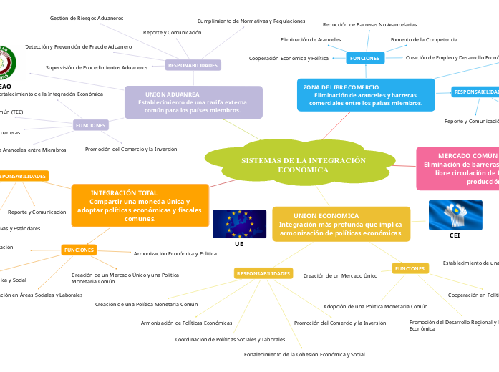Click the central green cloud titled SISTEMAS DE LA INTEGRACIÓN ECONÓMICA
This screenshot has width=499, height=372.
coord(303,165)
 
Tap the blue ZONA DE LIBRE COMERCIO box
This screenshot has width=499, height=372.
coord(366,95)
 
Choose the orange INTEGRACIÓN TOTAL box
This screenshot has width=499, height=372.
coord(140,205)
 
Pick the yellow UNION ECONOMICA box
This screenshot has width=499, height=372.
coord(341,224)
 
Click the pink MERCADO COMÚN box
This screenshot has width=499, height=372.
coord(458,169)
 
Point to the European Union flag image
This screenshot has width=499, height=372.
coord(239,224)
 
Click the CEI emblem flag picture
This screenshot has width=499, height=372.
coord(455,215)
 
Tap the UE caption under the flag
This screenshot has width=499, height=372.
coord(239,244)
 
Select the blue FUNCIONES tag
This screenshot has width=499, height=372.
coord(365,57)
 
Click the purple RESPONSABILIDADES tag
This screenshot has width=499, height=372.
coord(192,65)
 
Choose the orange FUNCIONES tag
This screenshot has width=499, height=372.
coord(79,250)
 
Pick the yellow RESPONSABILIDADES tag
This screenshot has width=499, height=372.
coord(263,273)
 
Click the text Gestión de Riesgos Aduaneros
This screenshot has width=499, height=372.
coord(87,18)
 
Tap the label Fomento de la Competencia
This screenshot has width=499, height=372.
coord(424,39)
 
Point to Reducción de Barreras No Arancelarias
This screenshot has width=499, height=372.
coord(369,24)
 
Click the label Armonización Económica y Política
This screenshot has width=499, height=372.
coord(175,253)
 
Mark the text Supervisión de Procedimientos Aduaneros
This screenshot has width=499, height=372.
coord(97,67)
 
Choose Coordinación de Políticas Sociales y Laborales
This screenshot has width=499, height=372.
coord(230,339)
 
